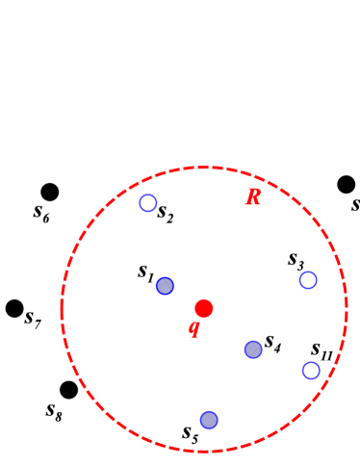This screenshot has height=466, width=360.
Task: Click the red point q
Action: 203,308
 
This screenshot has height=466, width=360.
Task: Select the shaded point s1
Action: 165,286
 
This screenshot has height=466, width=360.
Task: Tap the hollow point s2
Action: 147,202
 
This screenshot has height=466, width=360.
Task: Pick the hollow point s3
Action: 308,280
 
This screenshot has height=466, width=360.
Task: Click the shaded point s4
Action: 253,349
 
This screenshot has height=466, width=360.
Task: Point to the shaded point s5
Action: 209,420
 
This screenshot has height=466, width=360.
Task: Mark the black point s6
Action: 50,192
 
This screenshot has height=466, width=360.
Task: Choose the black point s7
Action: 14,308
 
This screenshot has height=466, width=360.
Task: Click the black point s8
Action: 68,390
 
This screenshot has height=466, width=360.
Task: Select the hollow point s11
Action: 311,371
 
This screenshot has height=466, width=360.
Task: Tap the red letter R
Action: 253,197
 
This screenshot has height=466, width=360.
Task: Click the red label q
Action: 193,328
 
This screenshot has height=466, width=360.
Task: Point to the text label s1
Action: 145,272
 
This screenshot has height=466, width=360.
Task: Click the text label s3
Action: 296,260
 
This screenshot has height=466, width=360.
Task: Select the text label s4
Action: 272,342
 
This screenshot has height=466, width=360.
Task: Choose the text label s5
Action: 190,432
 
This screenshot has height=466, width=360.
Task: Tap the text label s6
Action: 41,213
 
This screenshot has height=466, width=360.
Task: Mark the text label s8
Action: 54,410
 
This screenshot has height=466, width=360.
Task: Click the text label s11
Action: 321,350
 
